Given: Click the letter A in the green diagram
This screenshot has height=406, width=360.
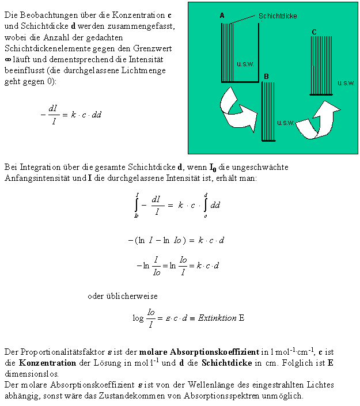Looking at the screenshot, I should (222, 16).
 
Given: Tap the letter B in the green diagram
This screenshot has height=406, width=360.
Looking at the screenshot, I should (266, 77).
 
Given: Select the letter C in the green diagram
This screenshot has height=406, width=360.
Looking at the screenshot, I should (314, 32).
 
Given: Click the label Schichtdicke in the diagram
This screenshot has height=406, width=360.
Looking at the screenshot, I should (278, 16).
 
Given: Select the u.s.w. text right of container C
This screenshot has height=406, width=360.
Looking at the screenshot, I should (346, 83).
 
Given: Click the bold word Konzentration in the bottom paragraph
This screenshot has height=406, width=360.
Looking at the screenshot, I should (47, 363).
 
